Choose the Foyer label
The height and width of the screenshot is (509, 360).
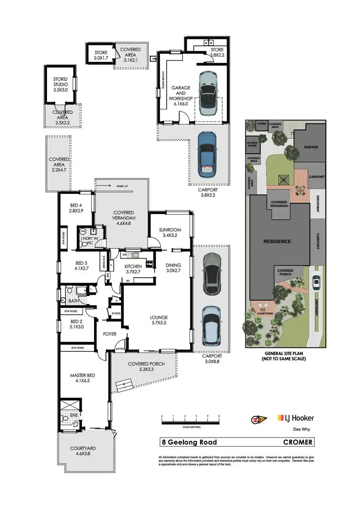point(110,334)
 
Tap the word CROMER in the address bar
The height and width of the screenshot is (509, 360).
point(298,442)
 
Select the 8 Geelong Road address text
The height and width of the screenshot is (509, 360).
point(186,442)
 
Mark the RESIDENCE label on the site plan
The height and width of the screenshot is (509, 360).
point(276,241)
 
